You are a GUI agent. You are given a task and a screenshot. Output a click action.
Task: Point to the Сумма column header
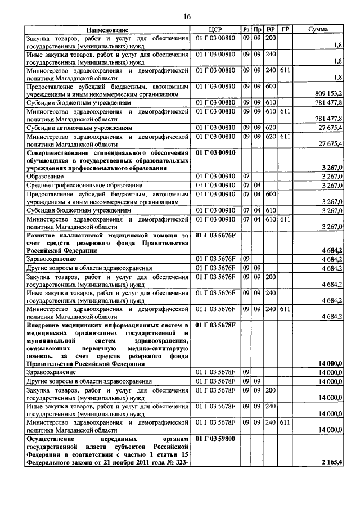(319, 29)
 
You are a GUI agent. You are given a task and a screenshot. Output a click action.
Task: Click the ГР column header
(285, 29)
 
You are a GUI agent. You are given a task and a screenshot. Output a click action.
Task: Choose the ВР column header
(271, 29)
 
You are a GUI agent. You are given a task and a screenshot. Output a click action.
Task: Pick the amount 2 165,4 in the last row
(330, 462)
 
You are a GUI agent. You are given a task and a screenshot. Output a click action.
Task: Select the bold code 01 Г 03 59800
(216, 437)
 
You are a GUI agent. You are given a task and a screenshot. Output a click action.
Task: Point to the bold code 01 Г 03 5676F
(216, 233)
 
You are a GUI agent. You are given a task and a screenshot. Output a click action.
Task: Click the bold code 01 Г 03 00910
(216, 152)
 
